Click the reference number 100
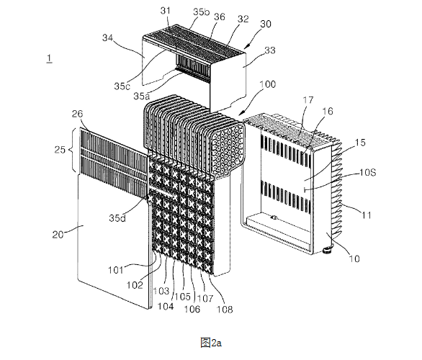268,84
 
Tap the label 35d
117,218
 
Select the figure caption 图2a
211,343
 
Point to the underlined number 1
49,58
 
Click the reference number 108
225,310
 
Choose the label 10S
368,172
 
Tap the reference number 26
77,114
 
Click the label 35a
142,96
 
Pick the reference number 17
308,100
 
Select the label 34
107,38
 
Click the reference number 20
58,235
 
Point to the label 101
116,269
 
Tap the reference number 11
367,215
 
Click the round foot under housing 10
328,250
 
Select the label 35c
122,86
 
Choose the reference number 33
270,50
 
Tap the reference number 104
166,306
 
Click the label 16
328,111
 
